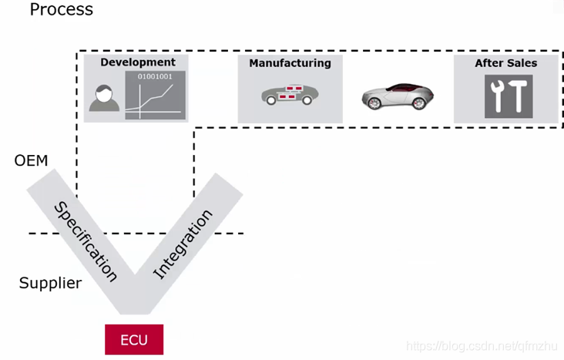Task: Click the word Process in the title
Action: click(61, 10)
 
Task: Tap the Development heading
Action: click(137, 62)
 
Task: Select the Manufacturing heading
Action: click(290, 63)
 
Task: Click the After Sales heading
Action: click(506, 63)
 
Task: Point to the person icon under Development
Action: click(104, 99)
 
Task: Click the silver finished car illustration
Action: click(398, 96)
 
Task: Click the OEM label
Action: click(31, 161)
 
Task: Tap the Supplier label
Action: click(50, 284)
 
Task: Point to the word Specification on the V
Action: click(86, 241)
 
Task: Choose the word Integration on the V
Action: click(183, 244)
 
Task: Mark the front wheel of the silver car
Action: click(375, 103)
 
